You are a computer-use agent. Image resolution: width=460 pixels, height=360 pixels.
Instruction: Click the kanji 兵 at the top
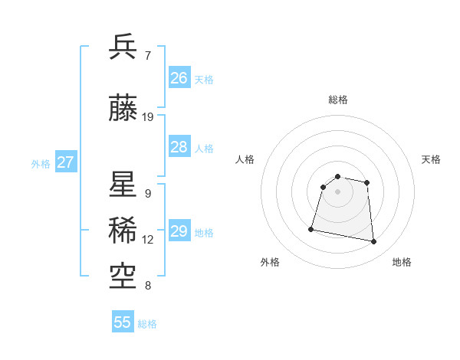[123, 47]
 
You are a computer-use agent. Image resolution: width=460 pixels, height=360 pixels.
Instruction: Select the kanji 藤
[123, 109]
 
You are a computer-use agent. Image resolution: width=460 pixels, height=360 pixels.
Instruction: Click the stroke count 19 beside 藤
[148, 117]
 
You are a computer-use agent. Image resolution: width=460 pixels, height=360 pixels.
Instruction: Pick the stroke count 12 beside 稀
[148, 240]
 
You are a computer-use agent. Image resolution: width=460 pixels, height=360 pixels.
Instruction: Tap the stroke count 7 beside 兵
[148, 56]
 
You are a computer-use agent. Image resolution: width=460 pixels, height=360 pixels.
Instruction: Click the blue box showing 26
[179, 78]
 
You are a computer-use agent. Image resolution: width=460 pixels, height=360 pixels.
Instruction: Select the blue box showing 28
[179, 147]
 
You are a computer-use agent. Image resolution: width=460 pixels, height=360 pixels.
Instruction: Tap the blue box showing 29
[179, 231]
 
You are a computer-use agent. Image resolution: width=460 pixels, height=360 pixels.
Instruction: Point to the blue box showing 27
[65, 162]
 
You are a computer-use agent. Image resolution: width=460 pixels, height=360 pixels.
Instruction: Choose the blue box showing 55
[123, 322]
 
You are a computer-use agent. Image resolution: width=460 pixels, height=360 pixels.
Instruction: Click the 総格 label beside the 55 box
[147, 324]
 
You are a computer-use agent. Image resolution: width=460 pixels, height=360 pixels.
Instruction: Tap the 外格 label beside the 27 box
[41, 163]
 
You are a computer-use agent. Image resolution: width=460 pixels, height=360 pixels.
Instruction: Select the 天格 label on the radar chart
[431, 159]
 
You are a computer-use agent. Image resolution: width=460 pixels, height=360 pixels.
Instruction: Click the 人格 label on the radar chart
[245, 159]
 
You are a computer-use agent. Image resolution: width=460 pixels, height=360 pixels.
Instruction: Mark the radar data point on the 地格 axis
[374, 242]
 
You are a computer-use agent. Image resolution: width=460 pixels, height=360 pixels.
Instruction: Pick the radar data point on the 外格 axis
[311, 228]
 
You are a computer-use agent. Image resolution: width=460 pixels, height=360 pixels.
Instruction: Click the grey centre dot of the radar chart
[337, 191]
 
